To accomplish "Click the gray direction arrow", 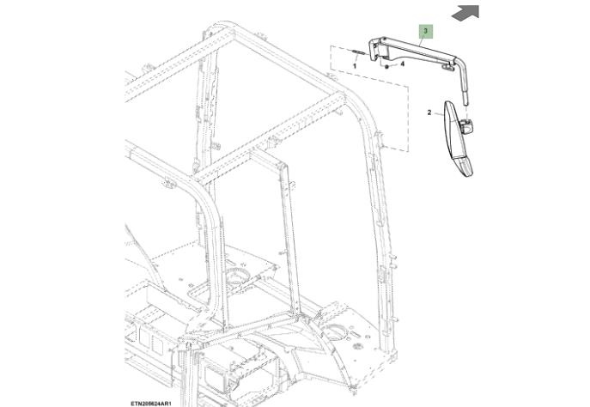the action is click(x=465, y=13).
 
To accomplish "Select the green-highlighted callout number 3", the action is click(x=426, y=31).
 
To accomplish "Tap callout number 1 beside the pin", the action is click(x=354, y=66).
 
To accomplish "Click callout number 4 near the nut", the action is click(x=402, y=64).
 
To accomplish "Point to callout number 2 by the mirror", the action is click(x=429, y=112).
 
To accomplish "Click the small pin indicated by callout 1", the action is click(x=358, y=52).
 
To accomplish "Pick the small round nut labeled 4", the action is click(x=386, y=67).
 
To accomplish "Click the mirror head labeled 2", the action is click(x=455, y=137).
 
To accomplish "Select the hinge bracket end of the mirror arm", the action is click(x=375, y=49).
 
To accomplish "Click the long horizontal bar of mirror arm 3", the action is click(x=417, y=52).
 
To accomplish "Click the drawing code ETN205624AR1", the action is click(x=151, y=404).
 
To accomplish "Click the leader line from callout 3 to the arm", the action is click(x=422, y=43).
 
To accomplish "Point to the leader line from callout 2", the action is click(x=439, y=114).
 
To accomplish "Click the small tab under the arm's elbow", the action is click(x=447, y=67).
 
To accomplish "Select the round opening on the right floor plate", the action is click(x=334, y=332).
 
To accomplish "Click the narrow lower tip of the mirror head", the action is click(x=467, y=171).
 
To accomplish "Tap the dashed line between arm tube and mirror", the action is click(x=465, y=112).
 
